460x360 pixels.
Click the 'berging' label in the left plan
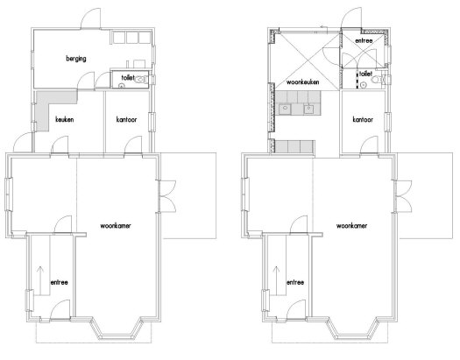point(76,59)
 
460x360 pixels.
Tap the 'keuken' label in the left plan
point(65,119)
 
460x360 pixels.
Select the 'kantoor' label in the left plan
point(126,119)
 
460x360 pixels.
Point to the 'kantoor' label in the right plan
point(363,119)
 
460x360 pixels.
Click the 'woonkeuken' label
point(303,82)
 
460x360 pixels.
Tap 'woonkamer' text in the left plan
point(116,226)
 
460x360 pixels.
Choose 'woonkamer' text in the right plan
point(351,226)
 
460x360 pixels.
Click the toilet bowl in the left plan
point(142,79)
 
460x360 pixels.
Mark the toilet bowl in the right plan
point(378,79)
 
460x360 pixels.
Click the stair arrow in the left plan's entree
point(40,280)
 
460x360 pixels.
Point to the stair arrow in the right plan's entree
point(276,280)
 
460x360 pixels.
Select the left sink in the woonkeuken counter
point(285,109)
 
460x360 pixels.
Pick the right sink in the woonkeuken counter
point(309,109)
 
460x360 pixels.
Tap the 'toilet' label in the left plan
point(128,77)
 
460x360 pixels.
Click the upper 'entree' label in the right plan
point(364,40)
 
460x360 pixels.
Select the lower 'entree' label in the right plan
point(295,282)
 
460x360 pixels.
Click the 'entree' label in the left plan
point(60,282)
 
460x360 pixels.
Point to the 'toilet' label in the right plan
point(365,74)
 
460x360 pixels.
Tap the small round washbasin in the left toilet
point(122,86)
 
